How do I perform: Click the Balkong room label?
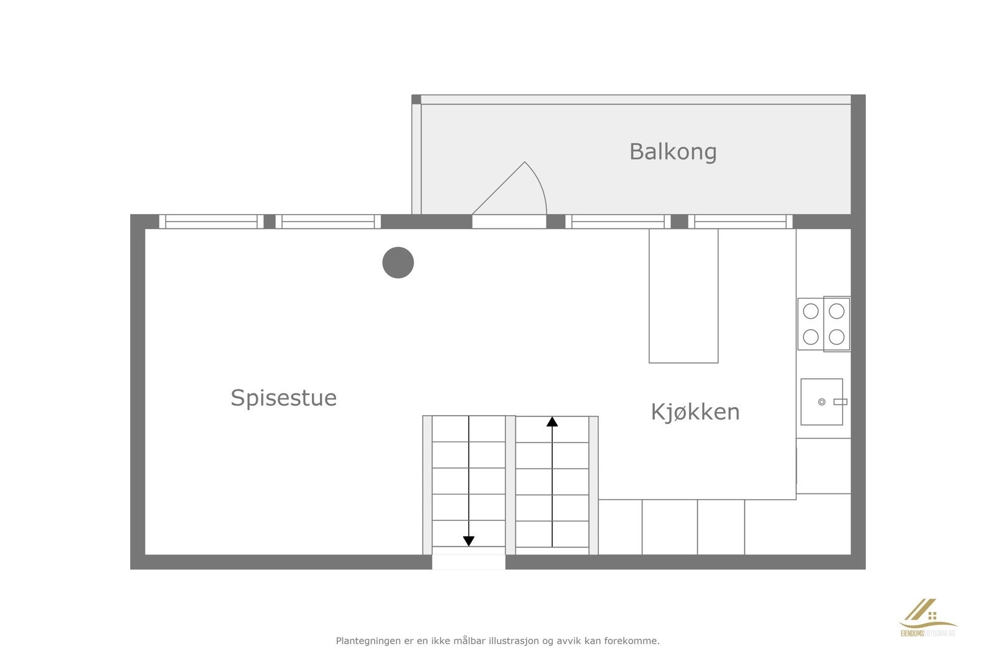click(x=672, y=152)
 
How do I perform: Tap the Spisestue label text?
click(x=283, y=398)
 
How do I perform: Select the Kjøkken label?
click(x=695, y=412)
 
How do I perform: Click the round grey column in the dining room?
click(x=398, y=263)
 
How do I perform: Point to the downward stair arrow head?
click(x=469, y=541)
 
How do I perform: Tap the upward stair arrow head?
click(x=552, y=422)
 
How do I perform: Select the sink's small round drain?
click(x=822, y=402)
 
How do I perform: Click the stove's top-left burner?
click(x=810, y=311)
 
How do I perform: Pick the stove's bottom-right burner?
click(x=837, y=337)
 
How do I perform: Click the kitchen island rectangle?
click(x=683, y=296)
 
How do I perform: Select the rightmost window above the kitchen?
click(x=740, y=222)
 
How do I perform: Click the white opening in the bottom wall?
click(x=468, y=562)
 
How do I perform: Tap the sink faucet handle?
click(x=840, y=402)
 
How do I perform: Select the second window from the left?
click(x=328, y=222)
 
